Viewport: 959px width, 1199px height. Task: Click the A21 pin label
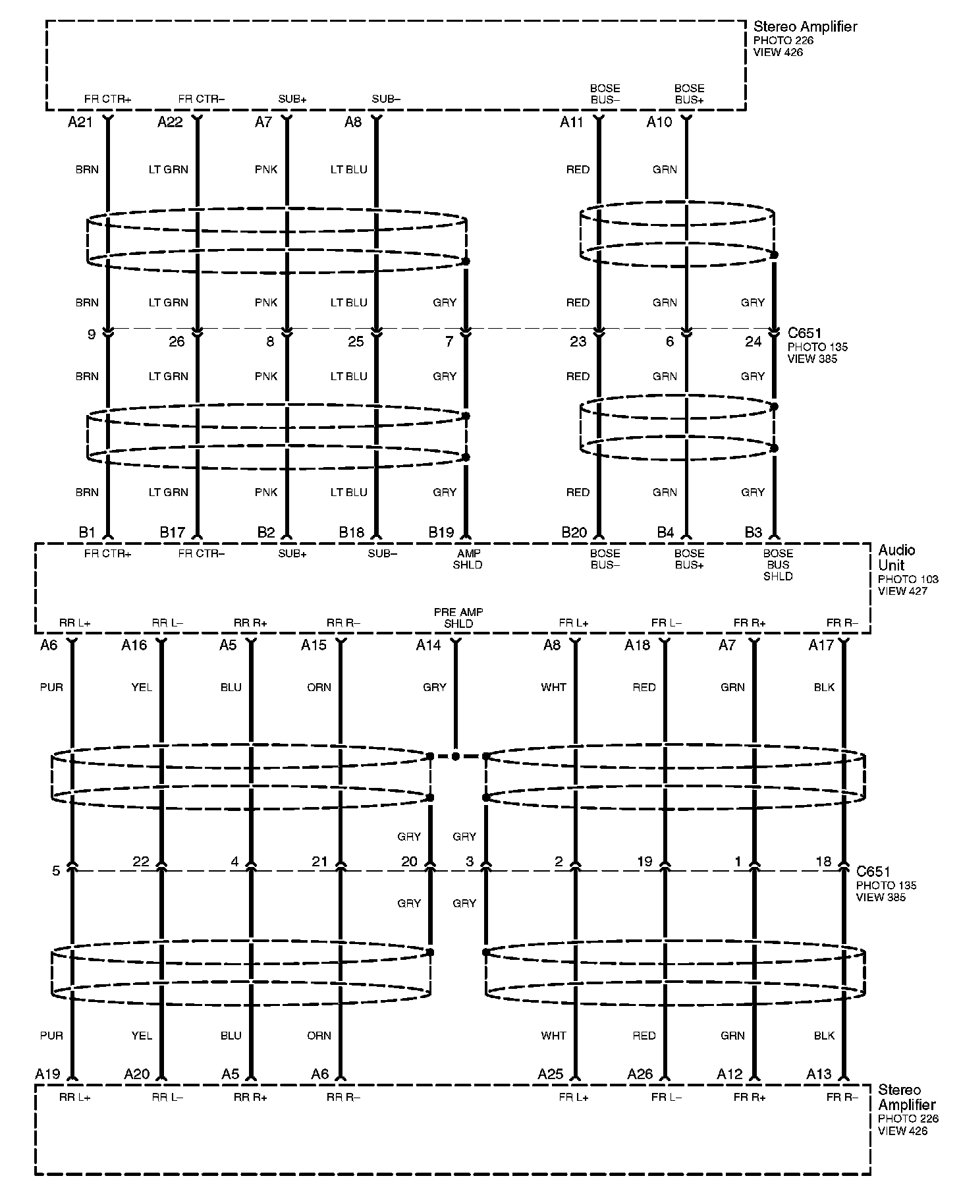80,122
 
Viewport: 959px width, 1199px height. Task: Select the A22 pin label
170,122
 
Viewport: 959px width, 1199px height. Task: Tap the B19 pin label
441,532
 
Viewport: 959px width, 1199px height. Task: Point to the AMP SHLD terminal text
468,559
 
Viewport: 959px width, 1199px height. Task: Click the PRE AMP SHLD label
458,618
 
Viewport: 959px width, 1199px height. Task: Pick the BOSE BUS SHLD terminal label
778,565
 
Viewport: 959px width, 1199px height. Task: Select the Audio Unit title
896,557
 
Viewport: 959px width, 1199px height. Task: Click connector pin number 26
177,341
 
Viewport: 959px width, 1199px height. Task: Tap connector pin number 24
753,341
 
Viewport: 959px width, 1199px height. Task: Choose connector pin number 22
141,862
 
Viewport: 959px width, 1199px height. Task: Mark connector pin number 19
644,862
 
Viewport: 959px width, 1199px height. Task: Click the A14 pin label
428,646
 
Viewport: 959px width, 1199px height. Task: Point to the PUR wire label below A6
51,687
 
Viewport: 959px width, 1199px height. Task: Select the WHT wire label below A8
553,687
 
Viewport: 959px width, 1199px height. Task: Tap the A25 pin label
550,1074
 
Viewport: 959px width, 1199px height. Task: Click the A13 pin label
819,1074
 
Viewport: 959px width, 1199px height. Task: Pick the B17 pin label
173,532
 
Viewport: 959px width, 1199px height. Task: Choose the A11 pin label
572,122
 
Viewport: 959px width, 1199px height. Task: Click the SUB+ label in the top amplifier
292,99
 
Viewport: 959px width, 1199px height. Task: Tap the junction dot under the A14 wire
455,756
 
